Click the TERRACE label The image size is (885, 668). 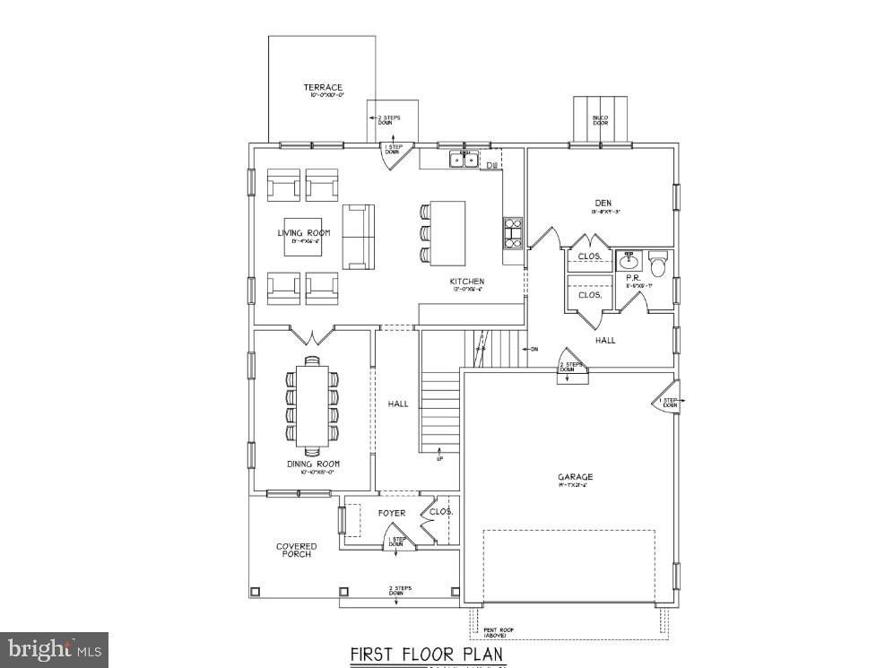click(x=323, y=88)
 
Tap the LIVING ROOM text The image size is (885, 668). click(x=303, y=233)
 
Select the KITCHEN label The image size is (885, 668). click(x=467, y=282)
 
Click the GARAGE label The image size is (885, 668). click(x=574, y=477)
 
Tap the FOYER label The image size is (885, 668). click(x=391, y=514)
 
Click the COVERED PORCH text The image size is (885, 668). click(x=296, y=551)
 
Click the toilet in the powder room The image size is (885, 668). click(x=658, y=265)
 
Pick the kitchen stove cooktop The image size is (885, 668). click(x=513, y=232)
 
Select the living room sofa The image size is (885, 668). click(x=357, y=236)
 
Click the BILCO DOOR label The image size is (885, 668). click(x=600, y=120)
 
